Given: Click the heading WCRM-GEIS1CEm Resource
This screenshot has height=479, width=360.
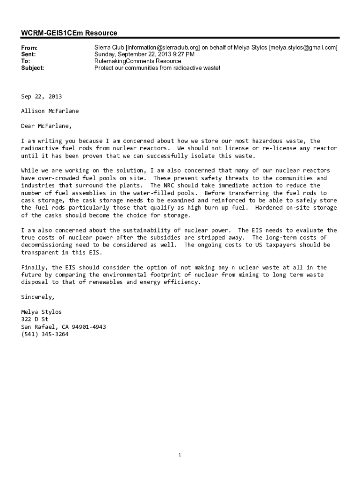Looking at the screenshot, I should tap(69, 33).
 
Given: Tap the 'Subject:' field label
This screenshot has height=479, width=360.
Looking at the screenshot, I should tap(33, 68).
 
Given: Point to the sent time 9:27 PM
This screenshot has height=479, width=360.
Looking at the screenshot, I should tap(183, 54).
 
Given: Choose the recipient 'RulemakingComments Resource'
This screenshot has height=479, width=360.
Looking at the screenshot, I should tap(137, 61).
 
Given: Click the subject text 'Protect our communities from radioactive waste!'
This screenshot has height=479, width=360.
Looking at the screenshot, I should tap(157, 68).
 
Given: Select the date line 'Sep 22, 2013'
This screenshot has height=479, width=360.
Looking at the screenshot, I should tap(41, 96).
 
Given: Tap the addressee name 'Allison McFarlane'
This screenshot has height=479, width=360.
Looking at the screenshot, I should tap(50, 111).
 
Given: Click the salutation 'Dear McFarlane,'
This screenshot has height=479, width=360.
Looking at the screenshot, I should tap(47, 126).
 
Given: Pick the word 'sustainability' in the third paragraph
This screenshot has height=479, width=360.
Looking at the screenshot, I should tap(145, 230).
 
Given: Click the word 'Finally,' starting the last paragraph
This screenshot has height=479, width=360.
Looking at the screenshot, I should tap(34, 267).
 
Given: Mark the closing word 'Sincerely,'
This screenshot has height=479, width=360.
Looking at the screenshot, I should tap(38, 297).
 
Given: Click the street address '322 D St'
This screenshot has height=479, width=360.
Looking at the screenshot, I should tap(35, 319).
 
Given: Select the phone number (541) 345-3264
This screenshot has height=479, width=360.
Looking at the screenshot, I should tap(44, 334).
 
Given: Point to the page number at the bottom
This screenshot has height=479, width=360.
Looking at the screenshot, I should tap(180, 455).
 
